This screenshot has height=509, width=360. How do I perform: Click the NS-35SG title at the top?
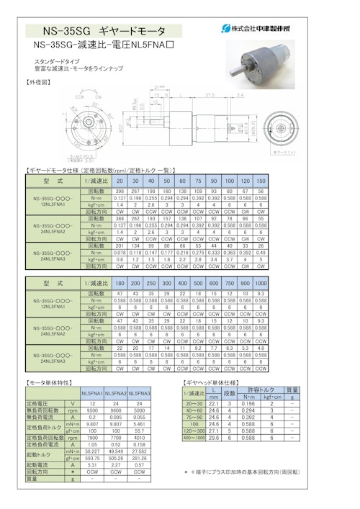pos(105,31)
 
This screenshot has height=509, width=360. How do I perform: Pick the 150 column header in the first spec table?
pos(260,181)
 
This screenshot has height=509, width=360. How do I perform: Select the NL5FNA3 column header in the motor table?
pos(138,394)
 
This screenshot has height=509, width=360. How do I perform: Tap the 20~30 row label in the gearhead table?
pos(194,404)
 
